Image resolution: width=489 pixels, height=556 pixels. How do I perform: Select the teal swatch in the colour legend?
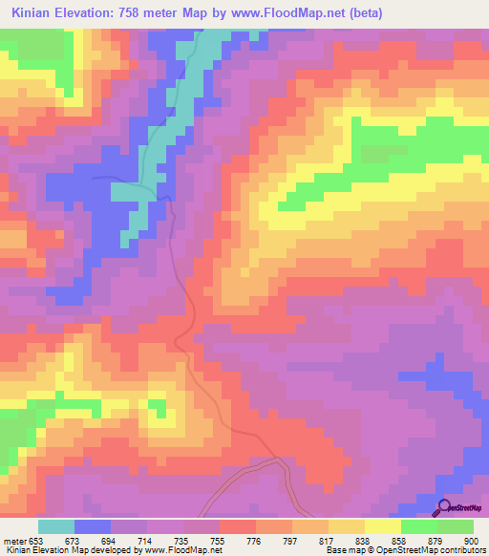coord(56,526)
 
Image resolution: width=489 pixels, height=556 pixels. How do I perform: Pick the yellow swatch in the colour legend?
coord(383,526)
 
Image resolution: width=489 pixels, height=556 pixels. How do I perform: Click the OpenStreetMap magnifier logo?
coord(444,507)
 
